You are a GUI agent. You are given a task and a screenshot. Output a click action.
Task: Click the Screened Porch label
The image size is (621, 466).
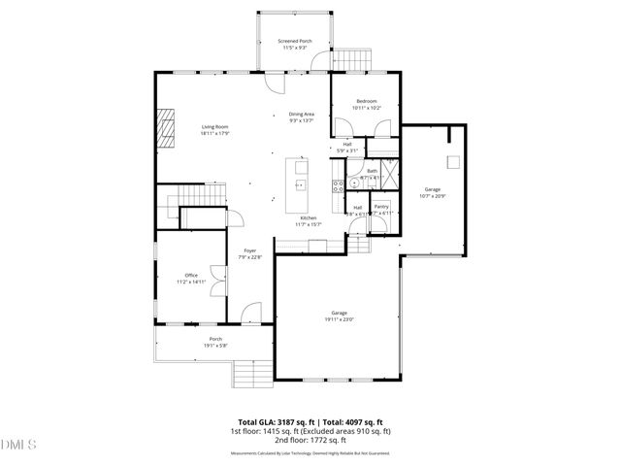(x=293, y=42)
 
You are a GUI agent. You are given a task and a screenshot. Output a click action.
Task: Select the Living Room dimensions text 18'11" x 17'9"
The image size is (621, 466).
(x=214, y=134)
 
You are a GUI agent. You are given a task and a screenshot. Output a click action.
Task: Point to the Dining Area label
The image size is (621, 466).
(x=302, y=115)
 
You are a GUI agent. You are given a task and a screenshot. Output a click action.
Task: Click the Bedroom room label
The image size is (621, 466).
(x=366, y=101)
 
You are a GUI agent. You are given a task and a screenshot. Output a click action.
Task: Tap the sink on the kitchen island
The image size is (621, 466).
(x=301, y=183)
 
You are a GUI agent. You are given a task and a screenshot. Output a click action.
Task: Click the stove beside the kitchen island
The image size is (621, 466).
(x=337, y=186)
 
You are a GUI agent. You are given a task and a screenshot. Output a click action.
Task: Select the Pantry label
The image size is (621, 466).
(x=381, y=206)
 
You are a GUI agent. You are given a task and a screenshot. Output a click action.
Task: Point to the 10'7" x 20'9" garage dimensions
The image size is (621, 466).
(x=433, y=195)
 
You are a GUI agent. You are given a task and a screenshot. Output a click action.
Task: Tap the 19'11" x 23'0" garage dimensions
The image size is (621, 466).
(x=339, y=318)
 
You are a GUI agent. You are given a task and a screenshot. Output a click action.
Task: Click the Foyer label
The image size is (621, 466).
(x=249, y=250)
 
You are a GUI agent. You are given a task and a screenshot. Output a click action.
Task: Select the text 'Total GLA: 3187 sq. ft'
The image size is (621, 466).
(x=270, y=421)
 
